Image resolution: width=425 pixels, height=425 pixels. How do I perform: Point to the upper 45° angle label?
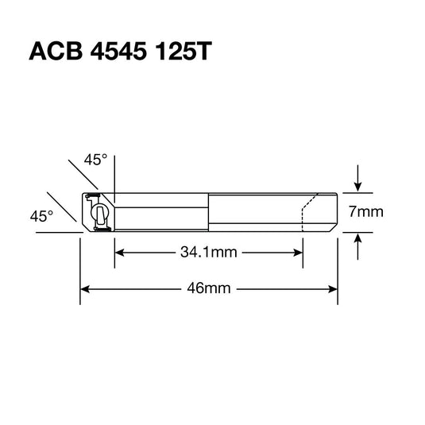[x=95, y=160]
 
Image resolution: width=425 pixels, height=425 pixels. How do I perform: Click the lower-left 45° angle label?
[x=41, y=215]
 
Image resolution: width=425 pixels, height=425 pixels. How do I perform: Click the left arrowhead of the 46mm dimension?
[x=85, y=288]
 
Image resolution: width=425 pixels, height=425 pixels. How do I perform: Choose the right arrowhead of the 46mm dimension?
[x=334, y=288]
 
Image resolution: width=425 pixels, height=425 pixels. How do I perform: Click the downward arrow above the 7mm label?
[x=358, y=185]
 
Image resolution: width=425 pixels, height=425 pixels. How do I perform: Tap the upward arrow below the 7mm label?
[x=358, y=240]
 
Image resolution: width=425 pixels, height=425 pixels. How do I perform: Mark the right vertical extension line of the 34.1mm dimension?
[x=303, y=246]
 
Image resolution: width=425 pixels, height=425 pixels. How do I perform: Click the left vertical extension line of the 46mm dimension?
[x=80, y=270]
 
